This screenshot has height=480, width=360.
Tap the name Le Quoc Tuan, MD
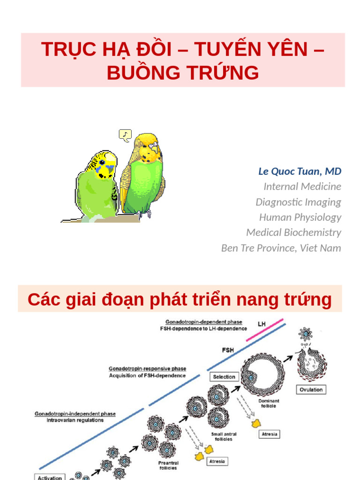coord(300,171)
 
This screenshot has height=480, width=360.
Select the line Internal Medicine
coord(302,187)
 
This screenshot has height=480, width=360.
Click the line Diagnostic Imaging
coord(298,202)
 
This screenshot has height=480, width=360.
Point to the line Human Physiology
coord(300,217)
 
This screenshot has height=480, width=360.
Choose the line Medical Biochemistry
coord(293,232)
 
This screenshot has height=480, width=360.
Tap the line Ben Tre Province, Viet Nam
coord(281,248)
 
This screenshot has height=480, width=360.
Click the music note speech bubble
coord(125,135)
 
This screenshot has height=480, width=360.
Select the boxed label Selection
coord(224,377)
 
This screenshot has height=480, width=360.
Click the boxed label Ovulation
coord(311,390)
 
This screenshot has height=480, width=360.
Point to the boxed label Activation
coord(50,477)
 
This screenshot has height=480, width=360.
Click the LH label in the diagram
coord(262,324)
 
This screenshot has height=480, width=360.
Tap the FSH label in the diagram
coord(228,350)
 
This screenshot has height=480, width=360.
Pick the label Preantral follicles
coord(168,465)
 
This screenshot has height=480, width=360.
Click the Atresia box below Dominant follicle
coord(270,434)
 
